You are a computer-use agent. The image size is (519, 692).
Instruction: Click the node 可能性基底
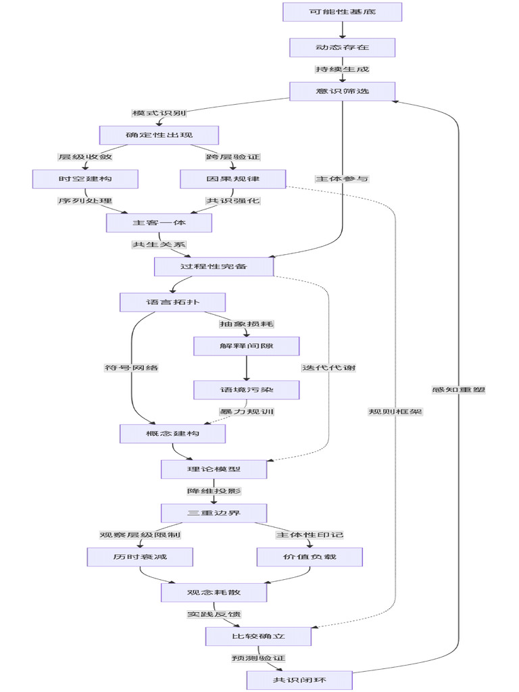pyautogui.click(x=342, y=12)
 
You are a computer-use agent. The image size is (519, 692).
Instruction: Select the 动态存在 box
pyautogui.click(x=342, y=47)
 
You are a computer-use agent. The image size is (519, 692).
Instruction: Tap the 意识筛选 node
pyautogui.click(x=342, y=91)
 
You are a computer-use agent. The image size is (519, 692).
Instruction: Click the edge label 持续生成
pyautogui.click(x=342, y=69)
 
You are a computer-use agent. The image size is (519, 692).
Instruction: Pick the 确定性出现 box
pyautogui.click(x=159, y=135)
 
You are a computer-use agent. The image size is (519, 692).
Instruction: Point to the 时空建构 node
pyautogui.click(x=85, y=179)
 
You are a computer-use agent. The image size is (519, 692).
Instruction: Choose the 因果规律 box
pyautogui.click(x=233, y=179)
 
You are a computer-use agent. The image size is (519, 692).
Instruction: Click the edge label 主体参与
pyautogui.click(x=342, y=179)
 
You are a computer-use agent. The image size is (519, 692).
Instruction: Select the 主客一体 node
pyautogui.click(x=159, y=223)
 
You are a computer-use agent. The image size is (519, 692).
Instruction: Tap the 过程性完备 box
pyautogui.click(x=214, y=267)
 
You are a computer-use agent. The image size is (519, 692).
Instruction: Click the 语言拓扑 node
pyautogui.click(x=172, y=302)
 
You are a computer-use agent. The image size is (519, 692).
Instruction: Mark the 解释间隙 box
pyautogui.click(x=246, y=346)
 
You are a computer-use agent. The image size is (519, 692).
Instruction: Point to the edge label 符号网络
pyautogui.click(x=132, y=368)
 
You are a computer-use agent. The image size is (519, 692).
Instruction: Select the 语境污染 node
pyautogui.click(x=246, y=390)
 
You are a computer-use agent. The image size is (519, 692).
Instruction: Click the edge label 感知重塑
pyautogui.click(x=459, y=389)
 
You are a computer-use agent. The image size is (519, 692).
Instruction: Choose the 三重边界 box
pyautogui.click(x=214, y=513)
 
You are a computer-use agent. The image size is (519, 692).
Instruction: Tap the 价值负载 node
pyautogui.click(x=310, y=557)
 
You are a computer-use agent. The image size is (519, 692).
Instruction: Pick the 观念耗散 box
pyautogui.click(x=214, y=593)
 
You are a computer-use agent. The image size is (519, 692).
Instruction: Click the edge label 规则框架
pyautogui.click(x=395, y=412)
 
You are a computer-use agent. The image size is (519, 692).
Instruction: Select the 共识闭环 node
pyautogui.click(x=299, y=680)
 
